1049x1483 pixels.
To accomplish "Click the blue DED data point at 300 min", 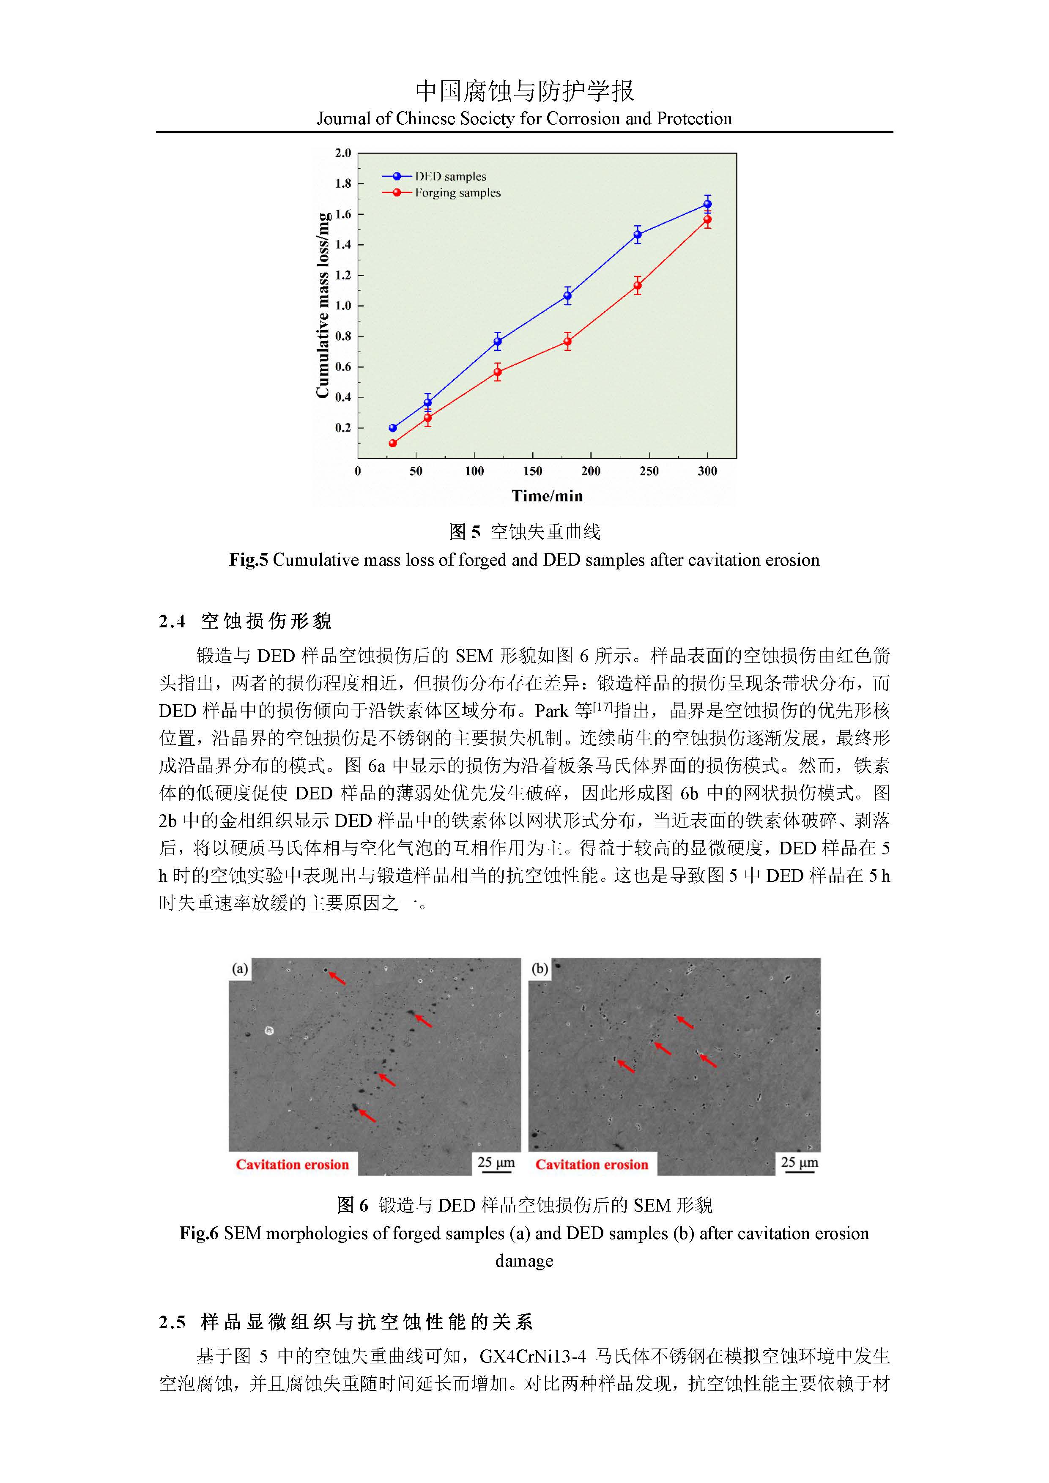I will [707, 204].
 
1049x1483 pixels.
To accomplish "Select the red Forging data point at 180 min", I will [567, 342].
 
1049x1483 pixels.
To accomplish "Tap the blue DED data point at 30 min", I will [393, 428].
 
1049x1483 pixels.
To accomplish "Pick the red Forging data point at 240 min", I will [638, 285].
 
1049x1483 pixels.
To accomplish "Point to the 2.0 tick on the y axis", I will [343, 153].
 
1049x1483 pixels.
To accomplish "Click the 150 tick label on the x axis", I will [532, 471].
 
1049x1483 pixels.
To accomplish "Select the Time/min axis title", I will [547, 496].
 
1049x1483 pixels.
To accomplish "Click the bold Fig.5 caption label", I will [248, 560].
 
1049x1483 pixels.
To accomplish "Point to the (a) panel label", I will [240, 969].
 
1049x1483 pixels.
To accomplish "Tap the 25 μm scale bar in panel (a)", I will [496, 1163].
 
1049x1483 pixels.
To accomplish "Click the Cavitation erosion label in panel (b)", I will [592, 1165].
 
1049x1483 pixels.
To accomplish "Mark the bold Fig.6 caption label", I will [199, 1233].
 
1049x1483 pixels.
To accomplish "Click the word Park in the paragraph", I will [552, 711].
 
